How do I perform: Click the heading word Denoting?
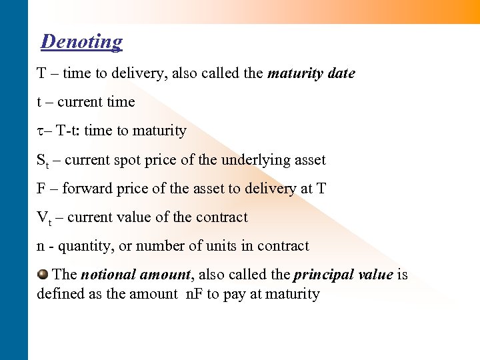click(x=81, y=41)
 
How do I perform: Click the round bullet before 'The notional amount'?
click(x=43, y=274)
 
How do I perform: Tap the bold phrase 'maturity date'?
click(x=311, y=73)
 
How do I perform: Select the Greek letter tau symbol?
click(x=39, y=131)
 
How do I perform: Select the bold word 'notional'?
click(x=109, y=275)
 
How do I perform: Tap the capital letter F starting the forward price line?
click(x=41, y=189)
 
